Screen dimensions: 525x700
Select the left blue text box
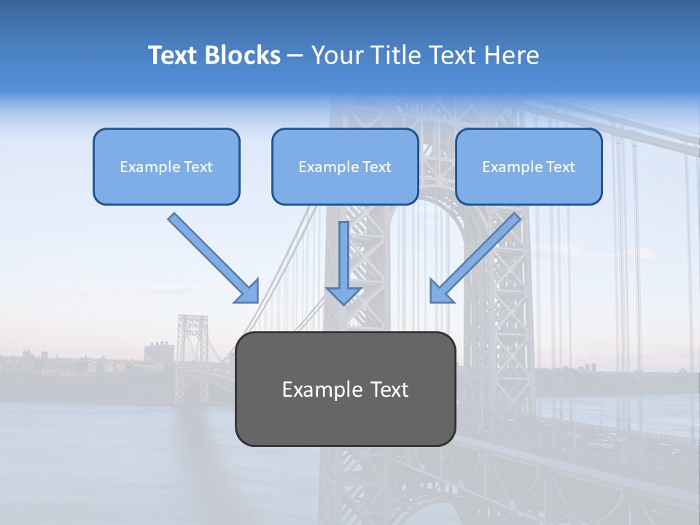tap(166, 166)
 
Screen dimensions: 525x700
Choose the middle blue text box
tap(345, 166)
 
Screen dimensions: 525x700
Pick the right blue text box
tap(529, 166)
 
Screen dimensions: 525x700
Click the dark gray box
tap(345, 389)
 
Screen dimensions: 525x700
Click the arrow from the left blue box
tap(211, 257)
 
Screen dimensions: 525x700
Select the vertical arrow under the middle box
tap(344, 259)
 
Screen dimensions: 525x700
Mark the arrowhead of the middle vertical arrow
tap(344, 295)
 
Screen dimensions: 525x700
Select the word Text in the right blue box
tap(560, 167)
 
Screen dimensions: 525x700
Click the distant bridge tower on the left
tap(192, 357)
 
